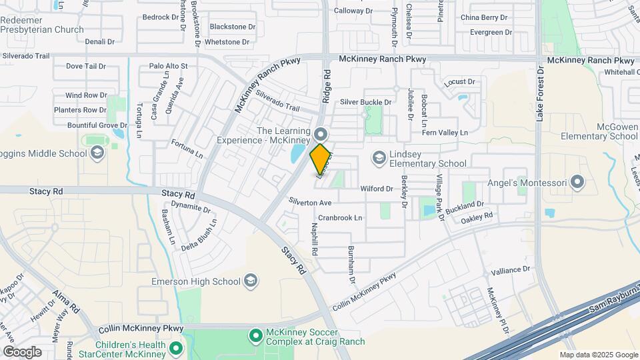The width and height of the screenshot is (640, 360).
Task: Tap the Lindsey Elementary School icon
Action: pyautogui.click(x=379, y=157)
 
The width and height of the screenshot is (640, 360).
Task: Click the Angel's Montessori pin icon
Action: pyautogui.click(x=577, y=181)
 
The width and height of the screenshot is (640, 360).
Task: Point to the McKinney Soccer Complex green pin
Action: pyautogui.click(x=255, y=335)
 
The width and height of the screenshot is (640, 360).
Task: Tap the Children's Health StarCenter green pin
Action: pyautogui.click(x=175, y=348)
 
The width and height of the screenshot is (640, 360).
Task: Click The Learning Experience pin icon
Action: pyautogui.click(x=321, y=133)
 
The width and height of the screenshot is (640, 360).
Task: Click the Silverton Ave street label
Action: pyautogui.click(x=310, y=202)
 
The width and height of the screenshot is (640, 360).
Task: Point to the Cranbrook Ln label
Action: pyautogui.click(x=340, y=217)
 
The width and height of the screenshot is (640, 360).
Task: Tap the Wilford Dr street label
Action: pyautogui.click(x=377, y=189)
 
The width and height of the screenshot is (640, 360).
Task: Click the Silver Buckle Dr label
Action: pyautogui.click(x=365, y=101)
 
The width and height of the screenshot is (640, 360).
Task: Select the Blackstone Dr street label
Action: pyautogui.click(x=232, y=27)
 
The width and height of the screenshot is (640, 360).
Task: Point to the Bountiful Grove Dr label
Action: pyautogui.click(x=97, y=125)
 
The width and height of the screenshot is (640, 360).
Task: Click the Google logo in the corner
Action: pyautogui.click(x=22, y=352)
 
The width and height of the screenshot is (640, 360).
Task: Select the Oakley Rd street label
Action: pyautogui.click(x=477, y=217)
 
